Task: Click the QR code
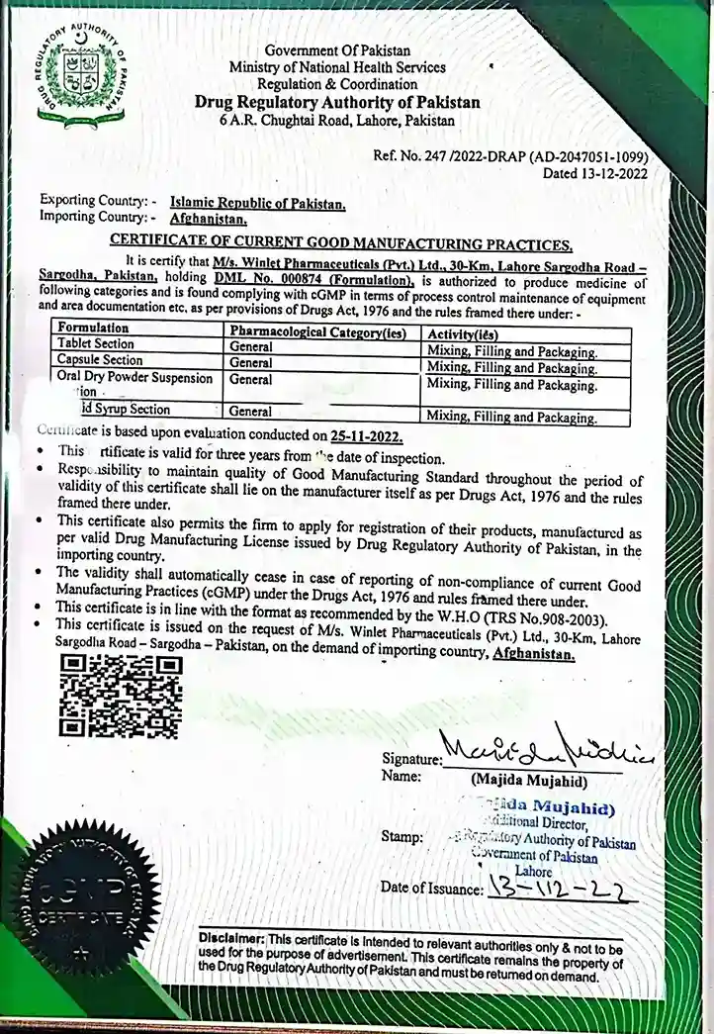point(121,697)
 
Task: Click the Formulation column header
point(93,328)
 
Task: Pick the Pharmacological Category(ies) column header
point(322,333)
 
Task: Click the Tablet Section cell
point(95,343)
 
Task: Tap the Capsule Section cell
point(99,360)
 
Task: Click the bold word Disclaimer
point(232,937)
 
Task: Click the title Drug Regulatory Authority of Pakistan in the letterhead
point(337,102)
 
